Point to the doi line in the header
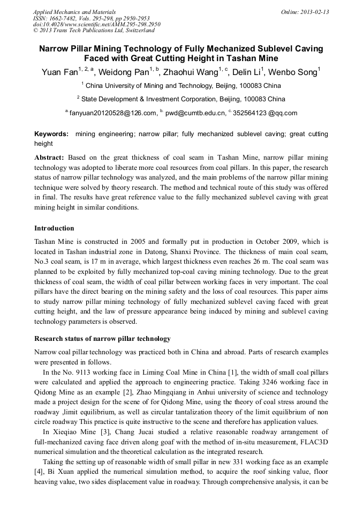[96, 24]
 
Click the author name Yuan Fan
[59, 72]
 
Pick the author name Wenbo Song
[294, 72]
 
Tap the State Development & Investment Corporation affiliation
[182, 99]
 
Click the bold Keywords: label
[51, 134]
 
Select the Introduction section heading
[54, 228]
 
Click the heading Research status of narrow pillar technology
[102, 339]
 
